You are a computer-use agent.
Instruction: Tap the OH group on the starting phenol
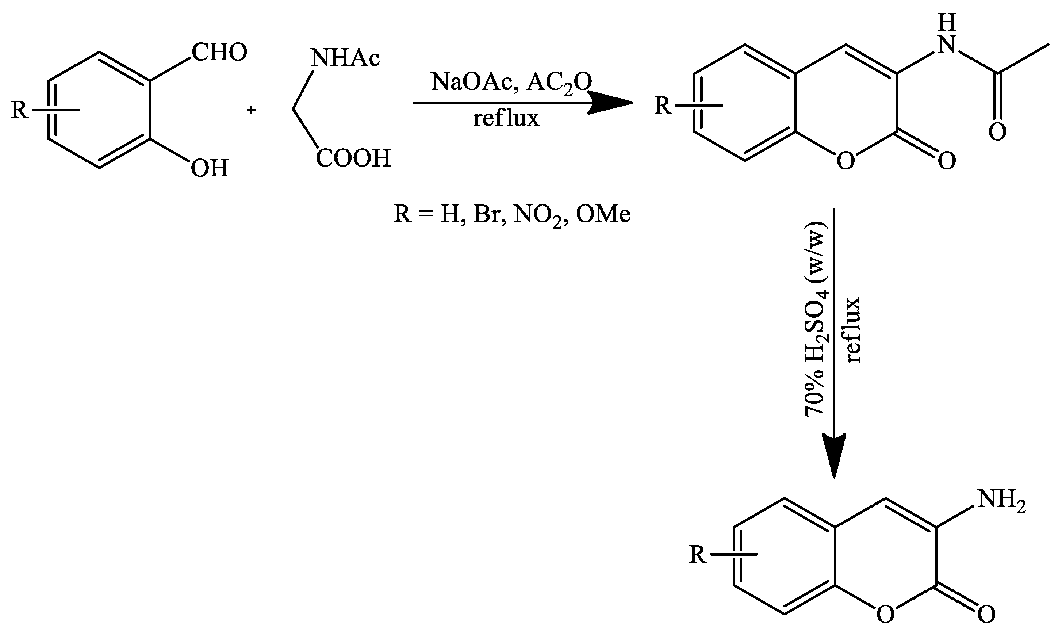(209, 168)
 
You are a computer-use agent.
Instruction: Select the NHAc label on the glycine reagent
(345, 58)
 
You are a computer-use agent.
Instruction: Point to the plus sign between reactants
(251, 110)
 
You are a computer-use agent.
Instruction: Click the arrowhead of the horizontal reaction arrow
(611, 103)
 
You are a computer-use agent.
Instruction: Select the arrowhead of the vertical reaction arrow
(834, 456)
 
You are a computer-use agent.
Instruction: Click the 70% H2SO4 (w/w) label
(816, 319)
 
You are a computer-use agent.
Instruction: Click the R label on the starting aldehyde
(20, 110)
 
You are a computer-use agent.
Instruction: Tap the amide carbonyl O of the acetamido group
(997, 132)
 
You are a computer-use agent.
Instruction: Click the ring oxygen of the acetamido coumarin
(846, 161)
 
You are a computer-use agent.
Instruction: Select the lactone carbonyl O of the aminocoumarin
(986, 615)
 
